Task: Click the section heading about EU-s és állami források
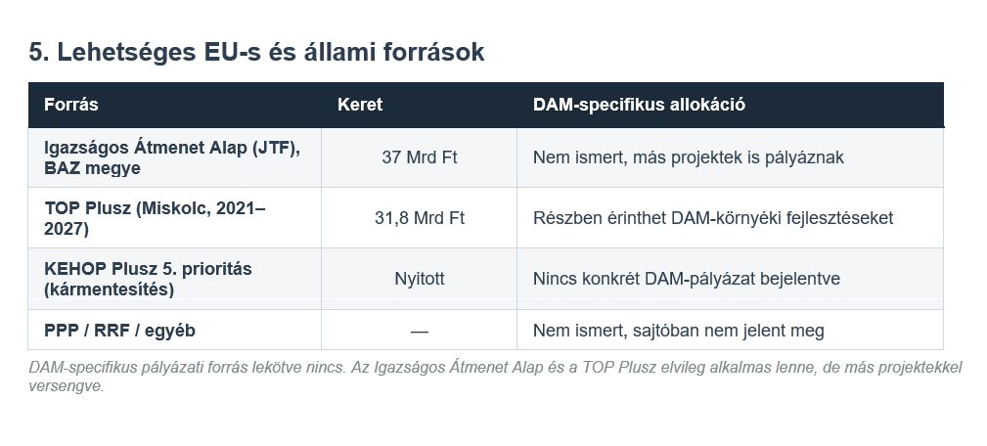[x=256, y=52]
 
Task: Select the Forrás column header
[x=71, y=105]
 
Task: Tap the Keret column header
[x=360, y=105]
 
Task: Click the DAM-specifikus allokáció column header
[x=639, y=105]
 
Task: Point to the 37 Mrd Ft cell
[x=420, y=157]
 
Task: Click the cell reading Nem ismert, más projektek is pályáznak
[x=688, y=157]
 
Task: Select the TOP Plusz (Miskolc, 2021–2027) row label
[x=155, y=218]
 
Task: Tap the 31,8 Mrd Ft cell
[x=420, y=218]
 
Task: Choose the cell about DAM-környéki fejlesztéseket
[x=712, y=218]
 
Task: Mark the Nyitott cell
[x=420, y=279]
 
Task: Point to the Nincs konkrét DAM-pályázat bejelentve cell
[x=686, y=279]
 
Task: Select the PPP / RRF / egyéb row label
[x=119, y=331]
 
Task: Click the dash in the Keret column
[x=420, y=331]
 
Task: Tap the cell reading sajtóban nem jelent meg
[x=679, y=331]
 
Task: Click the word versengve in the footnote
[x=67, y=386]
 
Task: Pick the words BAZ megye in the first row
[x=92, y=168]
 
